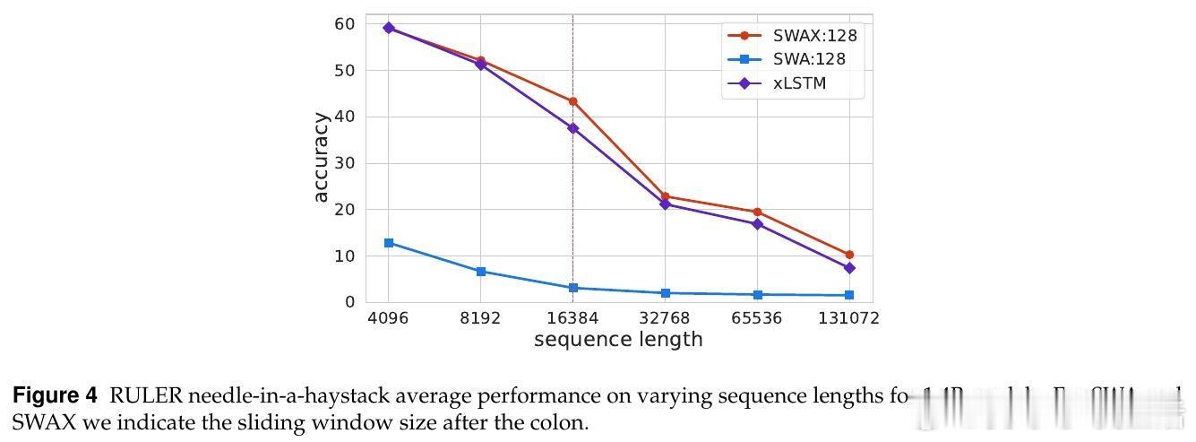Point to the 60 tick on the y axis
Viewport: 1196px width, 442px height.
(345, 24)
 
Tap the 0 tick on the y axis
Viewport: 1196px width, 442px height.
(349, 302)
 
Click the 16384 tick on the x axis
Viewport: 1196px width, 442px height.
(572, 318)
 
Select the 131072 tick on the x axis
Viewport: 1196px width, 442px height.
(848, 318)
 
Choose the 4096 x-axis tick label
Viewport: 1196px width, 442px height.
(388, 318)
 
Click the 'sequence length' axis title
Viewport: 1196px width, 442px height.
(618, 340)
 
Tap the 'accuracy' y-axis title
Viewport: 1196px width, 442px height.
(322, 158)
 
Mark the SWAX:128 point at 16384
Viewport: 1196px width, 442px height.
(572, 101)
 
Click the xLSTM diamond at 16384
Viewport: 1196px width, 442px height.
(572, 128)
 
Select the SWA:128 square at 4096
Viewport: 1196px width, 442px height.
(388, 243)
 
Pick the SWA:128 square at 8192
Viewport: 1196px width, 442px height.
(481, 271)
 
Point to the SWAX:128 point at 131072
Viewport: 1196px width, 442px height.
(848, 255)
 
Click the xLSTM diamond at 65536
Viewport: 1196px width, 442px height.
(757, 223)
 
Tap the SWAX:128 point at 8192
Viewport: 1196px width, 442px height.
(481, 61)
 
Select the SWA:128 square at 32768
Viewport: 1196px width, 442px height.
(665, 293)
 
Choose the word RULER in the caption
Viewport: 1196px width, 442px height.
(139, 396)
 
